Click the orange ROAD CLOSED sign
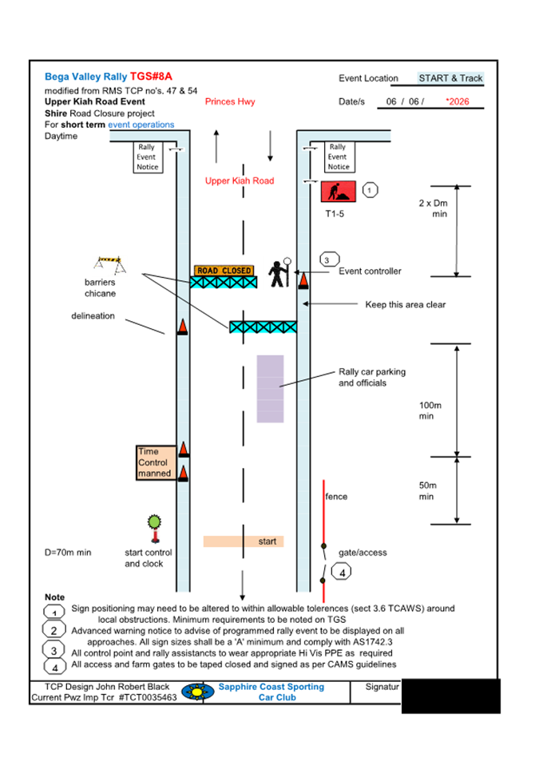point(224,271)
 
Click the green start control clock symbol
point(154,525)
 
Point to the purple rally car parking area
point(270,389)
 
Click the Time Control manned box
point(155,462)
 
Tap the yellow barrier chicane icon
point(107,263)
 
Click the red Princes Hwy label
point(230,102)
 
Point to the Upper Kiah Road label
point(239,180)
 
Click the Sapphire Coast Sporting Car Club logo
point(197,692)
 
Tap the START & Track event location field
point(450,78)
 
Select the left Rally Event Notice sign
point(147,157)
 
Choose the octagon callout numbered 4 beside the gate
point(342,573)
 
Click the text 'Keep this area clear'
point(405,304)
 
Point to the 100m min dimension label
point(430,410)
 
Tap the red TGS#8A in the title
point(151,77)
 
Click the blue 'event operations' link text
point(141,125)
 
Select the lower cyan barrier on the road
point(263,327)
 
